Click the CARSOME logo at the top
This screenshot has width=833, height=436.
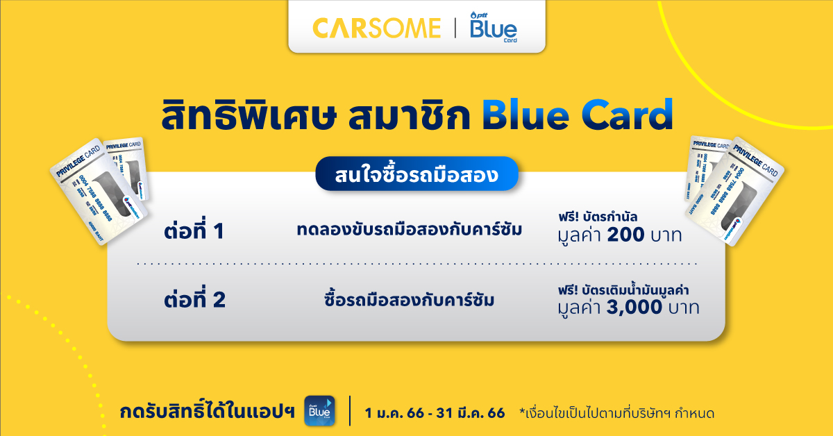376,28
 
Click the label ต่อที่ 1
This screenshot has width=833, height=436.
195,231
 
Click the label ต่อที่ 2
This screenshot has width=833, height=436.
195,301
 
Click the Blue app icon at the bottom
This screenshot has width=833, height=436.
319,411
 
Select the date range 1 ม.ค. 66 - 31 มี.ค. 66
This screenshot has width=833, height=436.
435,413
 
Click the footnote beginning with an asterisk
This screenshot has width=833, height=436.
616,413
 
